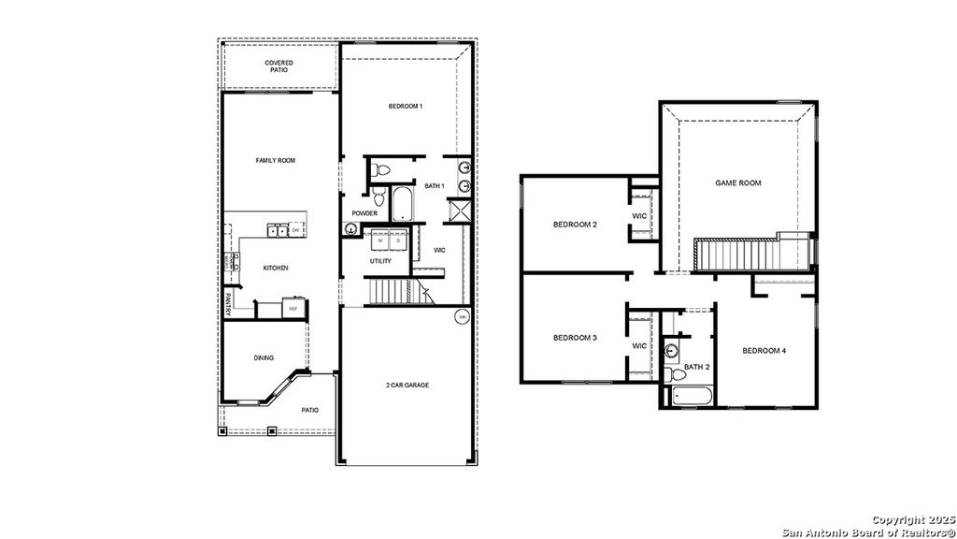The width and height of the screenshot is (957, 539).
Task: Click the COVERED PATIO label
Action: point(279,66)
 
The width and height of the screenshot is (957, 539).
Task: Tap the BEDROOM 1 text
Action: point(406,107)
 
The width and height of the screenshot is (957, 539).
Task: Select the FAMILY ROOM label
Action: point(276,161)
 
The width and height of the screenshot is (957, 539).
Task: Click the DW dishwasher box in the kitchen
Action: point(295,229)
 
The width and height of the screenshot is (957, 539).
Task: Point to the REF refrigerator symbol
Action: point(293,309)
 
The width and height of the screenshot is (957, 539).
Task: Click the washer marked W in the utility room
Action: point(381,241)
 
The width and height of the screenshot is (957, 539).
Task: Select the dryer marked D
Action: point(398,241)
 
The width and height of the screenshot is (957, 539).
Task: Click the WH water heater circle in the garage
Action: point(461,318)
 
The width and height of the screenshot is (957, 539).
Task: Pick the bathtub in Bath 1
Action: point(401,205)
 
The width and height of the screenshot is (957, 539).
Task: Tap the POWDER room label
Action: point(364,213)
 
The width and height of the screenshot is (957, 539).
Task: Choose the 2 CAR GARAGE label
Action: point(407,386)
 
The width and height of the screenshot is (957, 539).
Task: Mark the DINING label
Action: point(264,357)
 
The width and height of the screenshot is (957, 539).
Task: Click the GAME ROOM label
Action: point(738,183)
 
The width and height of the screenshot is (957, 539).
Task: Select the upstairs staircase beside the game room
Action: point(738,255)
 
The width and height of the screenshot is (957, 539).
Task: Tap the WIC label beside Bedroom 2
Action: point(640,216)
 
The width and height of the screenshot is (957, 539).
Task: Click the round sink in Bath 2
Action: point(671,352)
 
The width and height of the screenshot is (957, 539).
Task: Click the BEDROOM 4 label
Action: point(764,351)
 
